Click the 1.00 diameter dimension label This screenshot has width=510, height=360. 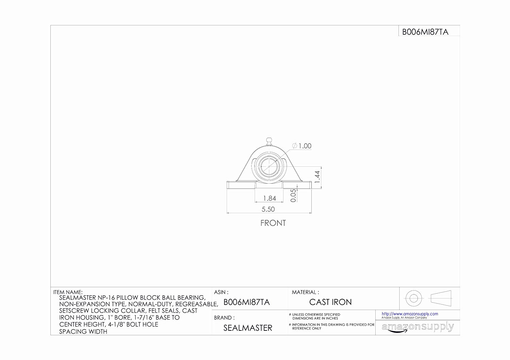pos(302,146)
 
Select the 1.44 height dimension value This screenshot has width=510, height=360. pos(317,177)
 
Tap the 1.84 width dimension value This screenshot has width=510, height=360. pos(270,198)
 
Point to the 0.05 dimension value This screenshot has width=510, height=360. pos(293,195)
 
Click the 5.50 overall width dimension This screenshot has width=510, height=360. pos(268,209)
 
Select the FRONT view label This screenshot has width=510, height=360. pos(273,223)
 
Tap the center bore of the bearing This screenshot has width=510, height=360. pos(269,167)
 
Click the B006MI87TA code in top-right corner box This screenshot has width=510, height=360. pos(425,32)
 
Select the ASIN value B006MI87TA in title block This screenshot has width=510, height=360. pos(247,302)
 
